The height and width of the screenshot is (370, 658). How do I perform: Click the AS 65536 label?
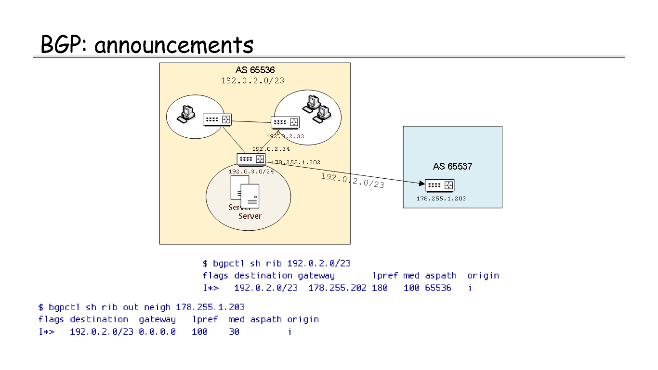[255, 70]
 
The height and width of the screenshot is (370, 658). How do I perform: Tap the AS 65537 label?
[452, 167]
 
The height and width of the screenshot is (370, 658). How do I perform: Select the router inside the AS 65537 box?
[440, 185]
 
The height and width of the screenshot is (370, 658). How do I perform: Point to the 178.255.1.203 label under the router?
[441, 198]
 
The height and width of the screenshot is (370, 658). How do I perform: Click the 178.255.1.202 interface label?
[295, 163]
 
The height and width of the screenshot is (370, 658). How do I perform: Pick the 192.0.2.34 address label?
[271, 149]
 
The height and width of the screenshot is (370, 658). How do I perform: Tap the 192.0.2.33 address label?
[285, 136]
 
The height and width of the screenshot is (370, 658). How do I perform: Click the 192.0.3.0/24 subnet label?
[251, 172]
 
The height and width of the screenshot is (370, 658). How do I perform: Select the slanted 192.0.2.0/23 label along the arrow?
[352, 181]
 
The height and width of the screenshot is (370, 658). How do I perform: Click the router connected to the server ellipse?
[251, 159]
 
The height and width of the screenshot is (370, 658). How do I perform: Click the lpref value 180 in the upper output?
[380, 288]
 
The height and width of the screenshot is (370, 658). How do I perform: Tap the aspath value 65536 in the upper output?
[438, 288]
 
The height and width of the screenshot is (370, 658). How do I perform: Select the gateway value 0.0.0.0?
[157, 331]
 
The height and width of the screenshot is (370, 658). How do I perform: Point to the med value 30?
[234, 331]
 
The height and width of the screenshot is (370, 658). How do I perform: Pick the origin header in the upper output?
[483, 276]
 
